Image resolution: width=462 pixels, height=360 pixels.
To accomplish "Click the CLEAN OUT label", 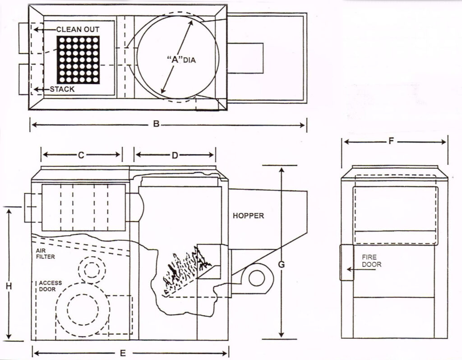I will point(78,29).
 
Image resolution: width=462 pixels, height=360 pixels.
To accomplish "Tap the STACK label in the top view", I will point(62,89).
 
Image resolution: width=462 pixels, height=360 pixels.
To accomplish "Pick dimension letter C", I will point(81,155).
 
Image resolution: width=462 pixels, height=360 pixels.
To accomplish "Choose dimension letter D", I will point(175,155).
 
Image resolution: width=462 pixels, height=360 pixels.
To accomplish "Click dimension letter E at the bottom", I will point(122,353).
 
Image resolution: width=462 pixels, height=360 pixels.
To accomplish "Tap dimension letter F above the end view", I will point(391,142).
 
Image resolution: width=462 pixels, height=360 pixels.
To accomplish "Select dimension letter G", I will point(281,264).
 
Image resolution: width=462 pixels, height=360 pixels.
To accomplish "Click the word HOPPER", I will point(248,216).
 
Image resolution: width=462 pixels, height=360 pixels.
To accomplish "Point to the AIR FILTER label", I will point(45,253).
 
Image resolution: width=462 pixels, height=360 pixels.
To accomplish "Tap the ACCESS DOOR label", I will point(50,286).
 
